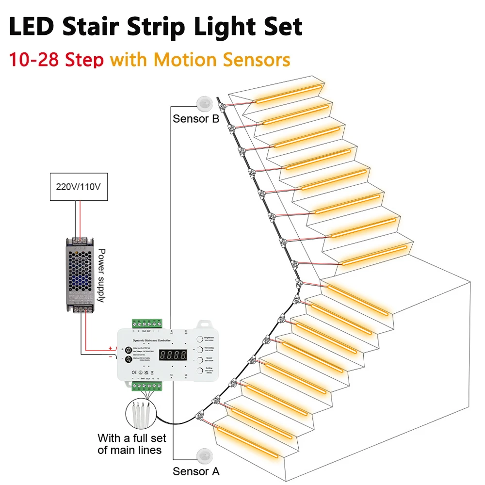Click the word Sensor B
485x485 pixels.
pos(196,119)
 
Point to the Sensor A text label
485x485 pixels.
pos(196,471)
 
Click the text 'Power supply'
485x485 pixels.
pos(102,275)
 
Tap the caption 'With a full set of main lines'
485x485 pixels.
pos(131,444)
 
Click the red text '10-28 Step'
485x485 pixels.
pos(57,60)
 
